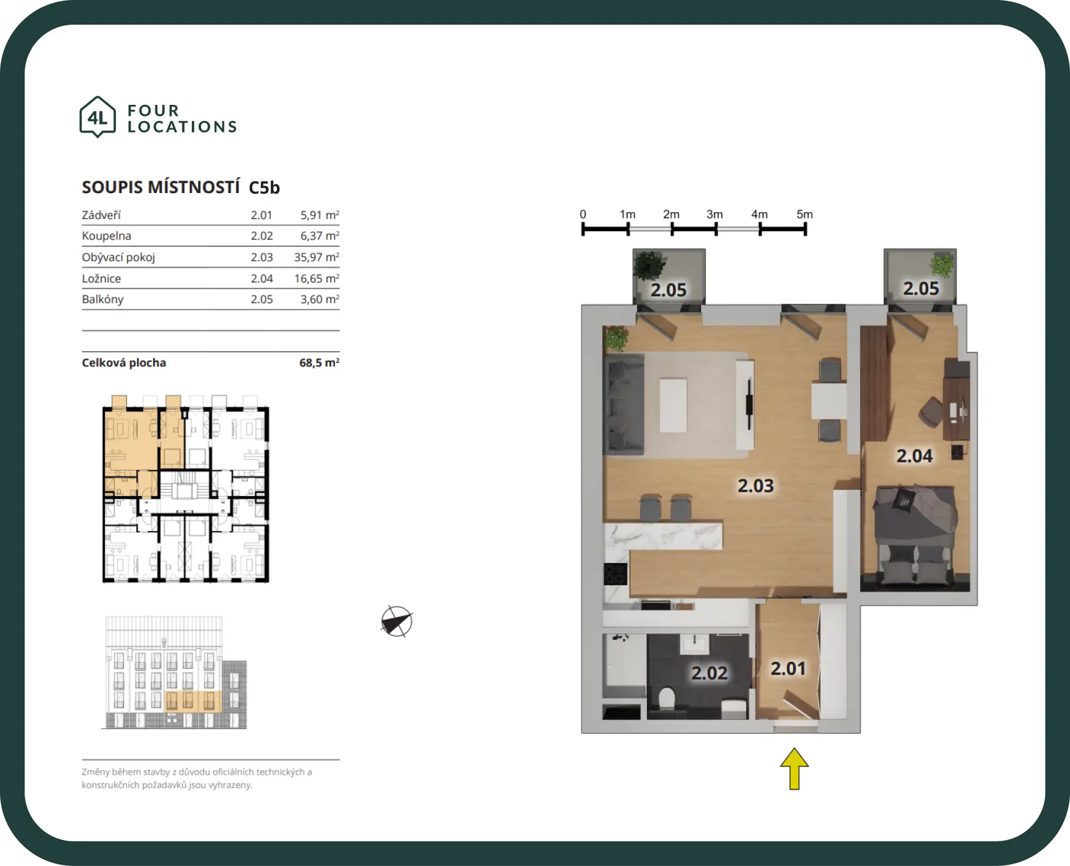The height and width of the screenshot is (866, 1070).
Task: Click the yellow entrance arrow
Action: click(x=794, y=769)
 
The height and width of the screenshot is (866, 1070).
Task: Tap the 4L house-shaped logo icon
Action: click(x=97, y=117)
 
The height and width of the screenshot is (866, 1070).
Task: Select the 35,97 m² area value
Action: click(x=316, y=257)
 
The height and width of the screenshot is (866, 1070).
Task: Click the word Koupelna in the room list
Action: click(x=107, y=236)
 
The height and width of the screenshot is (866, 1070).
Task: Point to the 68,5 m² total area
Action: click(x=319, y=363)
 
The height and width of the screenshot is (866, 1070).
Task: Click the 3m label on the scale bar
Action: click(x=715, y=214)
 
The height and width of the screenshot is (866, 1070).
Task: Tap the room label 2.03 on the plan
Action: click(x=755, y=486)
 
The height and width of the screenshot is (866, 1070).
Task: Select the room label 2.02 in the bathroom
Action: click(x=709, y=673)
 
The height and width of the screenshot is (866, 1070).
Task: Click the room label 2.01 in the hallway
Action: click(x=788, y=669)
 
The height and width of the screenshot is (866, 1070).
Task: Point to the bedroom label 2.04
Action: click(x=915, y=456)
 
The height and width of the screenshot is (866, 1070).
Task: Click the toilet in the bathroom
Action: click(x=667, y=699)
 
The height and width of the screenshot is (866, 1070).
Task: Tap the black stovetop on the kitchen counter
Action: click(x=615, y=574)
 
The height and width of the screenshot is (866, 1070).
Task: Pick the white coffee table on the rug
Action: click(x=673, y=405)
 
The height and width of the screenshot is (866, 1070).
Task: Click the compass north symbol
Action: click(x=397, y=621)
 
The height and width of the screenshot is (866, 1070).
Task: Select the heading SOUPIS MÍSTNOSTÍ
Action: click(x=161, y=187)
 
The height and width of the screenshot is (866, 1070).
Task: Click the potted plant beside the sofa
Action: click(x=615, y=339)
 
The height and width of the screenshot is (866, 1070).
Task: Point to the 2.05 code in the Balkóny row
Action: click(x=261, y=299)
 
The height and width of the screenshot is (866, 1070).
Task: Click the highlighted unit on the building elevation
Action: click(x=193, y=701)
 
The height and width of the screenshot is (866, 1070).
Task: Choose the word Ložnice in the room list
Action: click(x=101, y=278)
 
